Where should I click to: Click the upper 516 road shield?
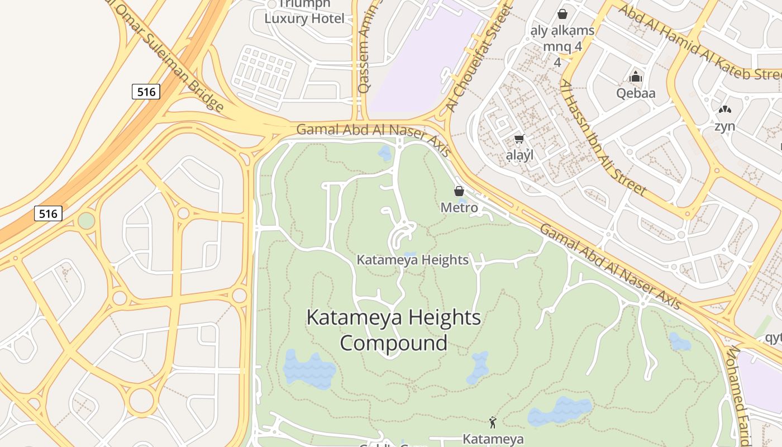pyautogui.click(x=146, y=92)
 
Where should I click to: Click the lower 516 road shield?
pyautogui.click(x=48, y=213)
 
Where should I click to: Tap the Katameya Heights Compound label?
pyautogui.click(x=394, y=330)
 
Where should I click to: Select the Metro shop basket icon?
pyautogui.click(x=459, y=192)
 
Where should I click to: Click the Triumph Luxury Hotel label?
pyautogui.click(x=304, y=12)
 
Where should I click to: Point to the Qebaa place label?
pyautogui.click(x=636, y=93)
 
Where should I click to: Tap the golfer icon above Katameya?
pyautogui.click(x=493, y=422)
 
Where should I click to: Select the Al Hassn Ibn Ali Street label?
pyautogui.click(x=603, y=137)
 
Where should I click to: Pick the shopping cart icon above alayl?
pyautogui.click(x=519, y=139)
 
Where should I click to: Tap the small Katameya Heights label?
pyautogui.click(x=412, y=260)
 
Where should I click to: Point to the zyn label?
pyautogui.click(x=724, y=126)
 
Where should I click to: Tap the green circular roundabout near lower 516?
pyautogui.click(x=86, y=220)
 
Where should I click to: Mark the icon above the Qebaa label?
pyautogui.click(x=636, y=77)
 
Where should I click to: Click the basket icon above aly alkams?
pyautogui.click(x=562, y=14)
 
